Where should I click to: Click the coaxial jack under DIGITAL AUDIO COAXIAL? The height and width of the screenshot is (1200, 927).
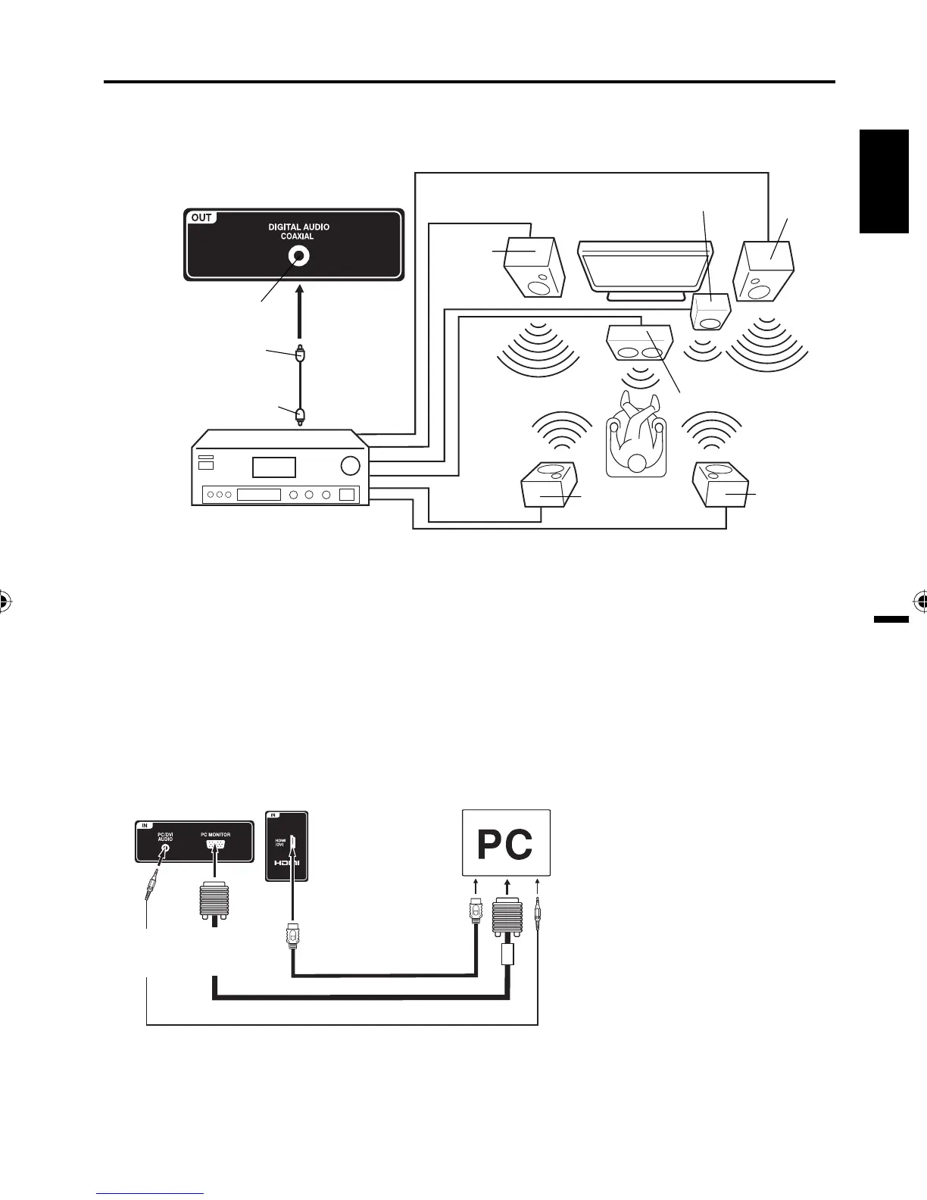coord(299,257)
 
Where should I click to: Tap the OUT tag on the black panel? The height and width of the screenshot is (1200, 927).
coord(201,217)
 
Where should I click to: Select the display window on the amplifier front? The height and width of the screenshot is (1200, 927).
coord(273,467)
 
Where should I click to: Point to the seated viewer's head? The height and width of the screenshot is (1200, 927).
coord(636,463)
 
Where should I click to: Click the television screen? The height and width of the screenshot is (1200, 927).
coord(645,265)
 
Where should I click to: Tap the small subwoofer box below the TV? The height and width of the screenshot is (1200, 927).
coord(711,312)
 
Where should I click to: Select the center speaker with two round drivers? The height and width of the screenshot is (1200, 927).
coord(641,342)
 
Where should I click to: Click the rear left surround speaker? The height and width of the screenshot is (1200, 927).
coord(550,485)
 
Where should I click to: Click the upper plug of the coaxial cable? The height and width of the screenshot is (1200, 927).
coord(301,353)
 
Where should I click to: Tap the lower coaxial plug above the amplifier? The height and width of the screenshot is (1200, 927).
coord(301,414)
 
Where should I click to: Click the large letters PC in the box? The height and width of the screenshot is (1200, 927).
coord(505,845)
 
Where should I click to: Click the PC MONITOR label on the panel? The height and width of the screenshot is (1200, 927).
coord(215,835)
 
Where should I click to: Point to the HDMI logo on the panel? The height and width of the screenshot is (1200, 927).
coord(287,863)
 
